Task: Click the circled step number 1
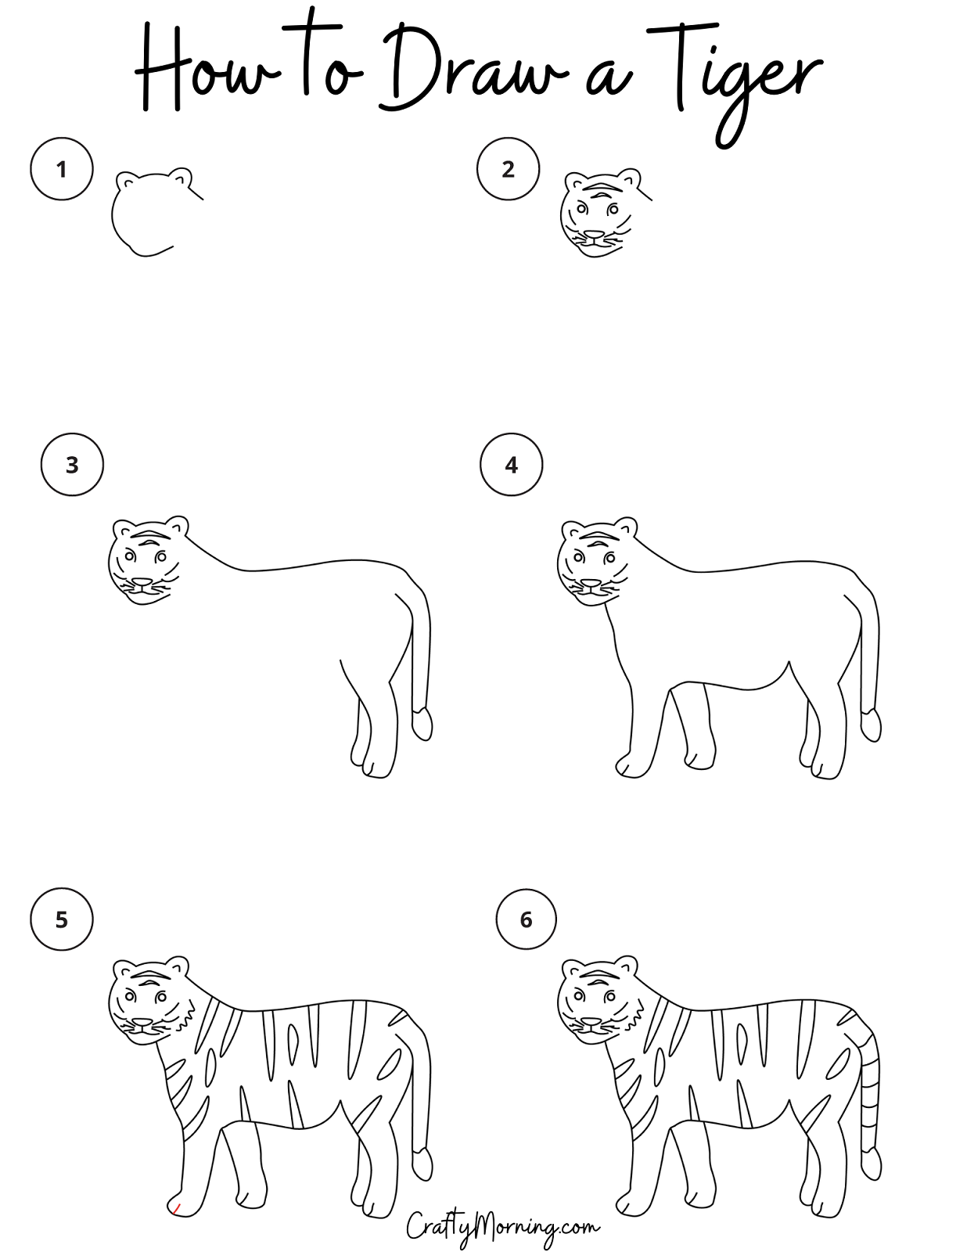pos(62,169)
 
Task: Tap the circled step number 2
pos(508,169)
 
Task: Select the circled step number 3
pos(72,464)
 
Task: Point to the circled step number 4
pos(512,464)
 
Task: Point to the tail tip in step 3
pos(422,725)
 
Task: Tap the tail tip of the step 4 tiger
pos(872,725)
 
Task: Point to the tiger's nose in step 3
pos(142,583)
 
